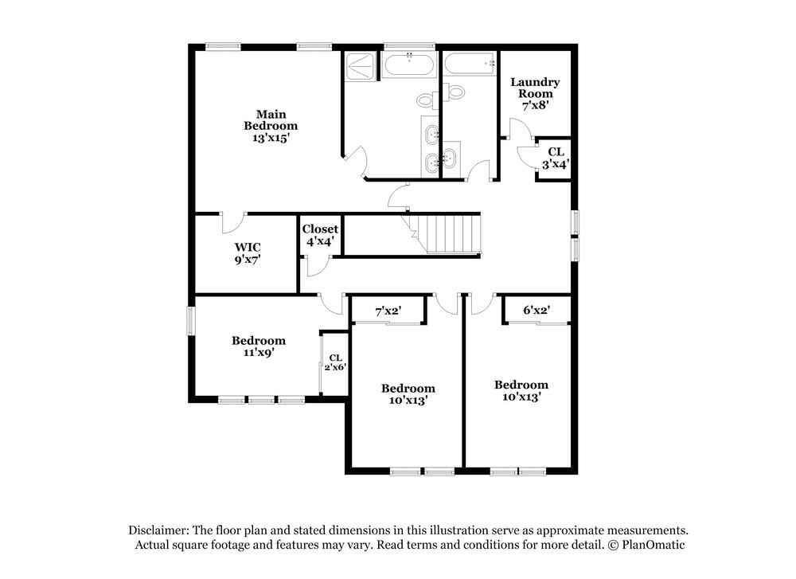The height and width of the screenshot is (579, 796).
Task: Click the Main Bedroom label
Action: [271, 119]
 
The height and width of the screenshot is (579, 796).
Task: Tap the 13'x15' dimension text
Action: [271, 137]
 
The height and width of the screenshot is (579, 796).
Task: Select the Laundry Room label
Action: [535, 88]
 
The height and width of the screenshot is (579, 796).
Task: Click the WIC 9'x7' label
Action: [248, 252]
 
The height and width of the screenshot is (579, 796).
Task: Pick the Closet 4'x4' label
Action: [319, 234]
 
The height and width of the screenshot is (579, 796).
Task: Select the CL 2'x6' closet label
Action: [335, 362]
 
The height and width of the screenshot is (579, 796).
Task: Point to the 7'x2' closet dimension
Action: [388, 311]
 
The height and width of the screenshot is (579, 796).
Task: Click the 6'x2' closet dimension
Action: [537, 310]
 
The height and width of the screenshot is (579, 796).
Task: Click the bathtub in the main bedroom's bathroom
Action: [409, 65]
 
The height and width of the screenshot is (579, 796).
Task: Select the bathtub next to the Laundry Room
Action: [470, 64]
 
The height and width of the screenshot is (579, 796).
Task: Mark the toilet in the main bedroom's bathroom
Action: [427, 101]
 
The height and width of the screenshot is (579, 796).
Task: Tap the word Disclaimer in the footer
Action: [159, 530]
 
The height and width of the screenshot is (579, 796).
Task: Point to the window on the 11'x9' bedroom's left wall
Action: [191, 321]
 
